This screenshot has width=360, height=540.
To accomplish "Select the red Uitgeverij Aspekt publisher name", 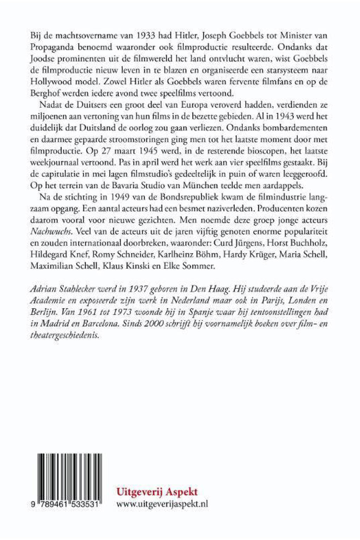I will (157, 491).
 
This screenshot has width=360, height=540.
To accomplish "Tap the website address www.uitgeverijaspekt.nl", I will (162, 504).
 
